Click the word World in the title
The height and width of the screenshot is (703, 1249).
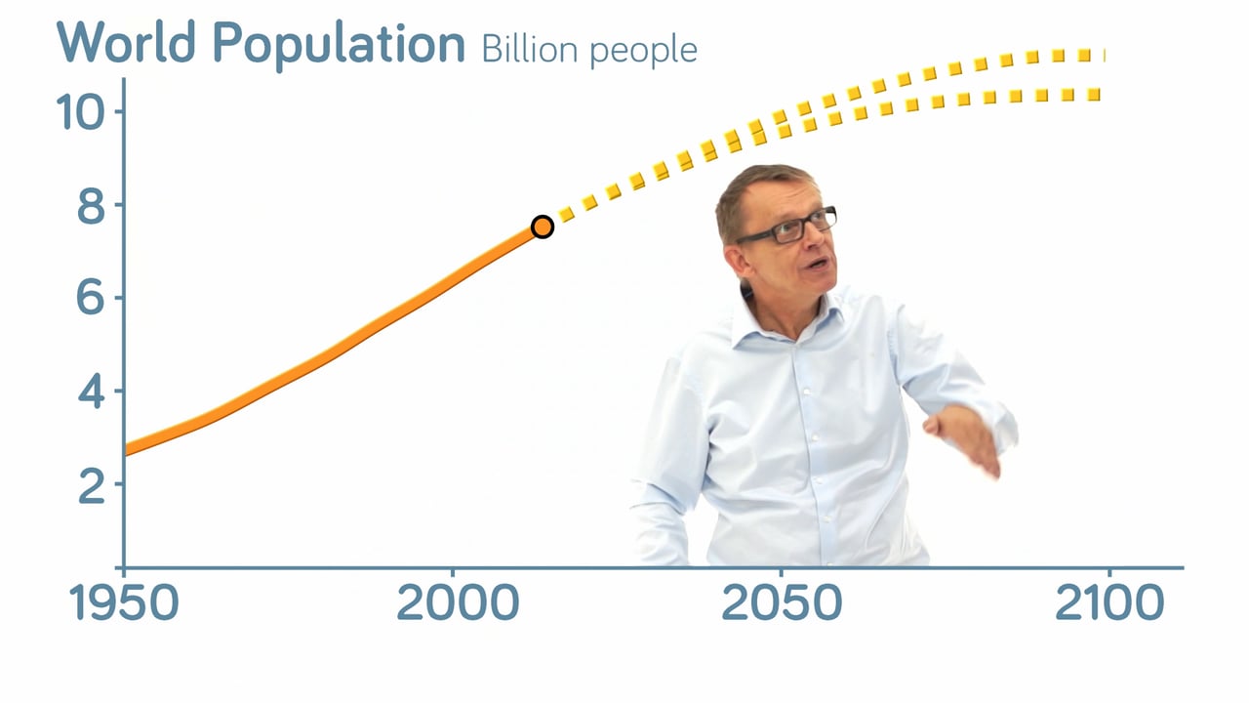(x=126, y=42)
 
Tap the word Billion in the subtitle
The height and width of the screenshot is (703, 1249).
(x=530, y=49)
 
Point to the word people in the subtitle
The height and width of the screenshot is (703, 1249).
(x=643, y=52)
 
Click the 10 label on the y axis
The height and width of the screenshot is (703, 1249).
(x=80, y=112)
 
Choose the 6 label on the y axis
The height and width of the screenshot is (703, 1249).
(x=91, y=298)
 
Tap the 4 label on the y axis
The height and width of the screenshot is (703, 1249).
(x=91, y=392)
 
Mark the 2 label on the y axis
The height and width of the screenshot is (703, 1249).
(x=92, y=484)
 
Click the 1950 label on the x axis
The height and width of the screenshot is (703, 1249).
(x=124, y=602)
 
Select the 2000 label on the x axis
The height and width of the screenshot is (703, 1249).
(x=458, y=602)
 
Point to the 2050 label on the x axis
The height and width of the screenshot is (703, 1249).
(x=782, y=602)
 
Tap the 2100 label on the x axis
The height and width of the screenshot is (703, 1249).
(x=1109, y=602)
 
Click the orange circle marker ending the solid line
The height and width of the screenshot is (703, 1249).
(x=543, y=227)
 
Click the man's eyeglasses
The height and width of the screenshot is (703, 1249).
(x=788, y=226)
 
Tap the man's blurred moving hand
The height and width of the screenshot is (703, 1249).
(x=965, y=438)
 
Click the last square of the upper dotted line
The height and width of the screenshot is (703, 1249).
(x=1084, y=56)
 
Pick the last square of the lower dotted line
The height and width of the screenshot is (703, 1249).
(x=1094, y=95)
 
